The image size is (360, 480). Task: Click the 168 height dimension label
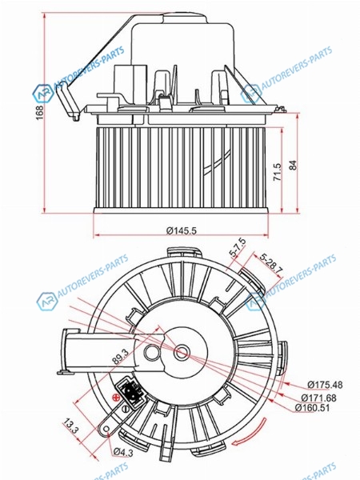pos(39,113)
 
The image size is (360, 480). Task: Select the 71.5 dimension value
pos(277,172)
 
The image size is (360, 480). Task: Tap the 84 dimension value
pos(293,166)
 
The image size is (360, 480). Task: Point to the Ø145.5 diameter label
pos(182,230)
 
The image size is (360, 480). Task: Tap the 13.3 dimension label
pos(71,426)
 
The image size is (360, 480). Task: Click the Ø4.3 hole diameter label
pos(123,452)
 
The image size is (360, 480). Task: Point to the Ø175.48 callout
pos(325,385)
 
